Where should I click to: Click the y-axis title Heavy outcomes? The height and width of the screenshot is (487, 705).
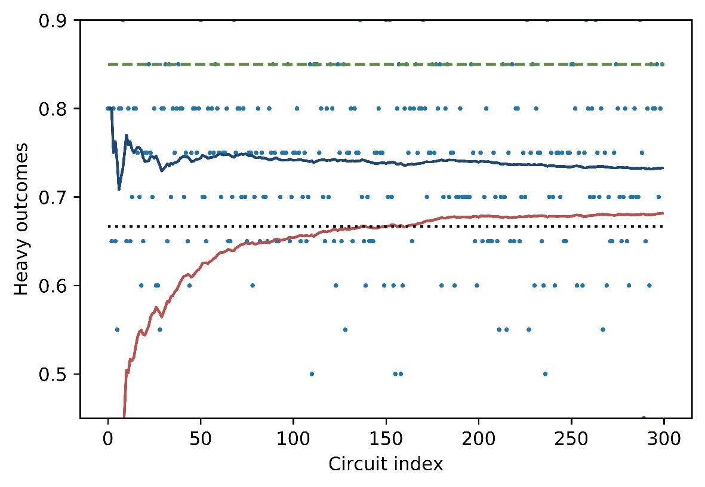21,219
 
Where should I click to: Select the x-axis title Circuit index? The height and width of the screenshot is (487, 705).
386,464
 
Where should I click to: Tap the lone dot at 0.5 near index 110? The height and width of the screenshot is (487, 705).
312,374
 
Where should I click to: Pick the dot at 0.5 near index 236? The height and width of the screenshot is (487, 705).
545,374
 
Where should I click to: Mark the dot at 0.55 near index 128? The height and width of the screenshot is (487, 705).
345,330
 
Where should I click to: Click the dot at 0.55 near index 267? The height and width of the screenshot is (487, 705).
602,330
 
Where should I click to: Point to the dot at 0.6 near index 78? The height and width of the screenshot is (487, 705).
253,286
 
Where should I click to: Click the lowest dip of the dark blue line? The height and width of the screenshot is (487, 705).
119,189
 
